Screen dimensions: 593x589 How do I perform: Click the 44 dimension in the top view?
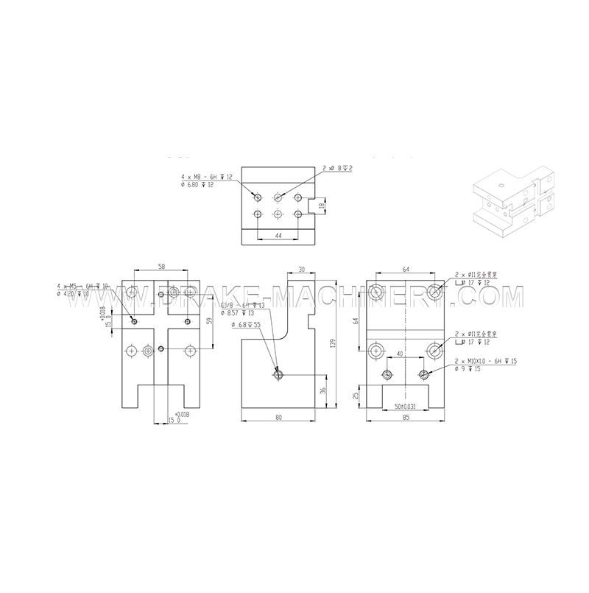[x=278, y=234]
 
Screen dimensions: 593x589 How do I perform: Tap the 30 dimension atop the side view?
[x=301, y=270]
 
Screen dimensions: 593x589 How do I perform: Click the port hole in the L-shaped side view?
[x=278, y=375]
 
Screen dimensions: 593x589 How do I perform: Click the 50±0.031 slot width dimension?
[x=405, y=405]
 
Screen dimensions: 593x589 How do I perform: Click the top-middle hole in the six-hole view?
[x=278, y=197]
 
